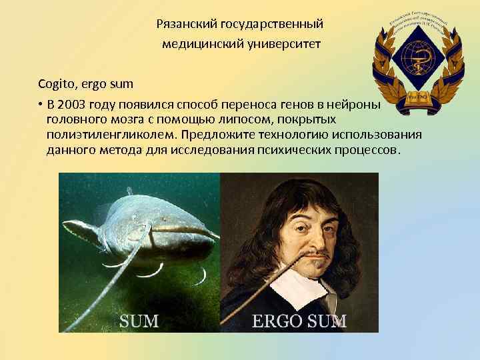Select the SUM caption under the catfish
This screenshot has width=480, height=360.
coord(139,321)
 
